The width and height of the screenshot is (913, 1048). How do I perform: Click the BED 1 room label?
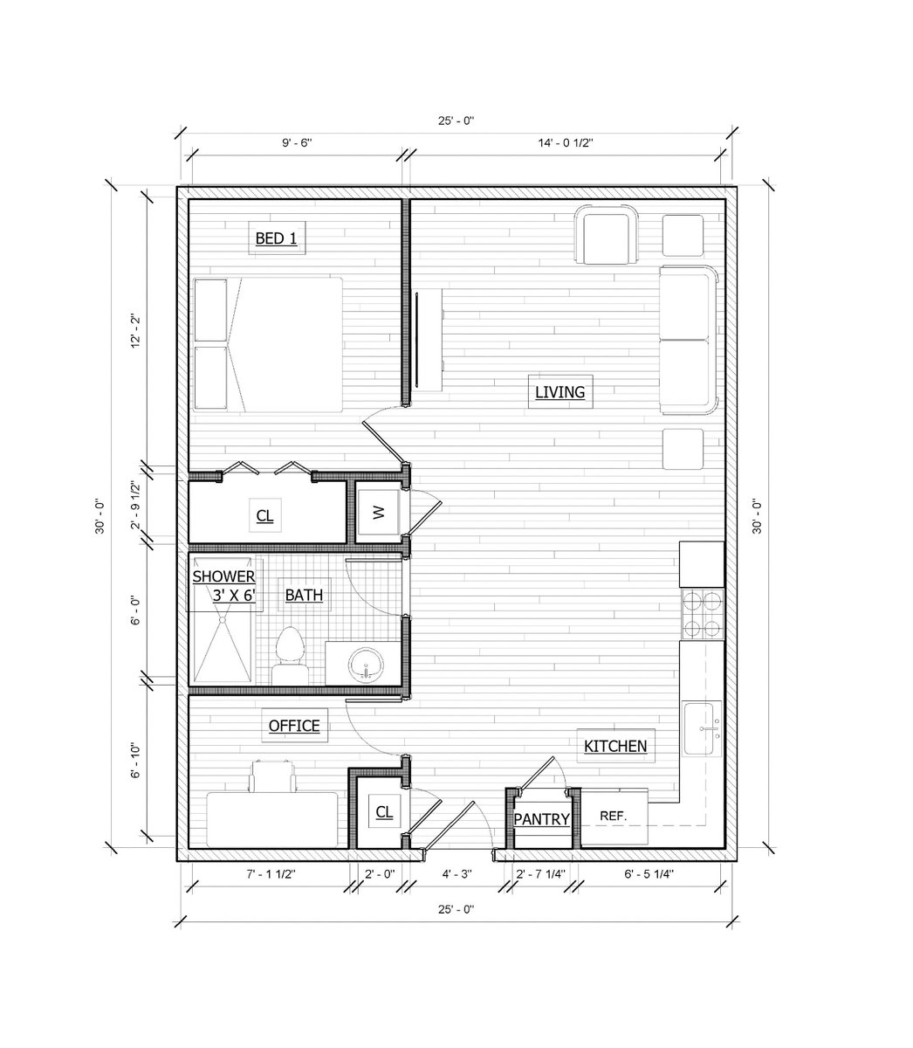pos(277,238)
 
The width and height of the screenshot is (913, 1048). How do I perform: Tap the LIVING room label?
pos(559,392)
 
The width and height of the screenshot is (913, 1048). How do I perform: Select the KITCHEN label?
pos(615,746)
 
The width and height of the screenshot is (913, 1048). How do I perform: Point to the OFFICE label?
pos(294,725)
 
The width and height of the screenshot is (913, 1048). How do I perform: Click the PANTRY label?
pos(541,819)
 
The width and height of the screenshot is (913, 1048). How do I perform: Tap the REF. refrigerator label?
pos(613,816)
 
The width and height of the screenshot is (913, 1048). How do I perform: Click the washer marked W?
pos(378,513)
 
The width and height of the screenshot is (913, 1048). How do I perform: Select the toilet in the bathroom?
pos(289,656)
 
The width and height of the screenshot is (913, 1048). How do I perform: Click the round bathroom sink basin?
pos(366,665)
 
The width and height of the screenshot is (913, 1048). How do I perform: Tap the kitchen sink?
pos(702,728)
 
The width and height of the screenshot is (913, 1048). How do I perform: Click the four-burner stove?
pos(702,614)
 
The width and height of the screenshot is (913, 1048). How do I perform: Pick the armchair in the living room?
pos(607,235)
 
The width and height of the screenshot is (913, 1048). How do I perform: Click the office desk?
pos(272,819)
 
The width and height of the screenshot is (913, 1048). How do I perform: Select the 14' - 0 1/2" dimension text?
pos(566,142)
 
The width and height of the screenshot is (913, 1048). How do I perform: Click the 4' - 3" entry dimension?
pos(457,873)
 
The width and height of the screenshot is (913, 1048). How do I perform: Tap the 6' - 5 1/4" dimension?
pos(649,873)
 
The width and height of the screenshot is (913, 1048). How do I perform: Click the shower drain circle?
pos(222,620)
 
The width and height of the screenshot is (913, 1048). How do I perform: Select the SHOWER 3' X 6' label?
pos(224,585)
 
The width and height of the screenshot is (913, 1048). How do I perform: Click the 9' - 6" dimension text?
pos(297,142)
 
